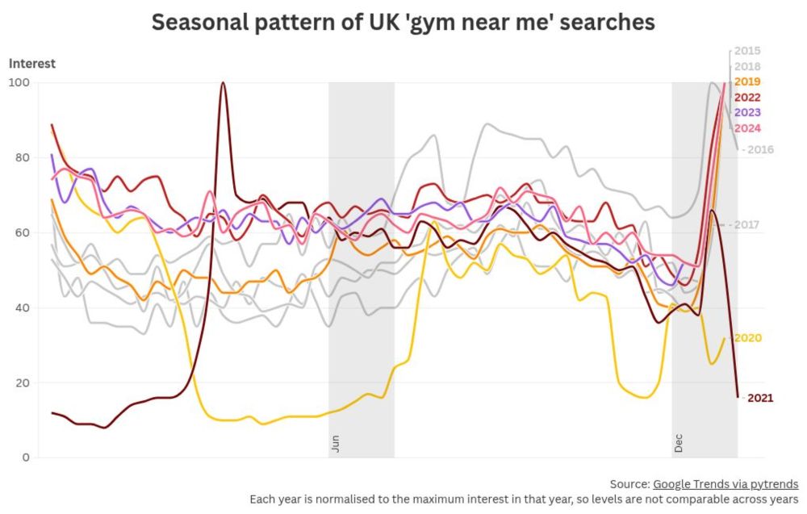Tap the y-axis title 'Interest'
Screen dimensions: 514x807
click(32, 64)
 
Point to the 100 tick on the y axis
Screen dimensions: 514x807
click(19, 82)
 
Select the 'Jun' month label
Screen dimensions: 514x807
click(335, 444)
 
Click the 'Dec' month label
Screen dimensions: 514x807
click(679, 444)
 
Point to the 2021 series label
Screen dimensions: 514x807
click(760, 398)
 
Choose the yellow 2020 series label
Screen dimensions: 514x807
click(748, 338)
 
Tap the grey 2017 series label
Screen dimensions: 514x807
click(748, 224)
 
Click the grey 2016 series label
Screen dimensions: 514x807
click(760, 149)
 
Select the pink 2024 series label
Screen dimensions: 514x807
click(748, 128)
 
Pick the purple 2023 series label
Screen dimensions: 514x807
click(748, 112)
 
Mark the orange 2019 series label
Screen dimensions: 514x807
click(748, 81)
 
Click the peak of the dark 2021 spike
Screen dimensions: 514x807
click(223, 82)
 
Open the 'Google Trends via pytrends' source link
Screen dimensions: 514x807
click(725, 484)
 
